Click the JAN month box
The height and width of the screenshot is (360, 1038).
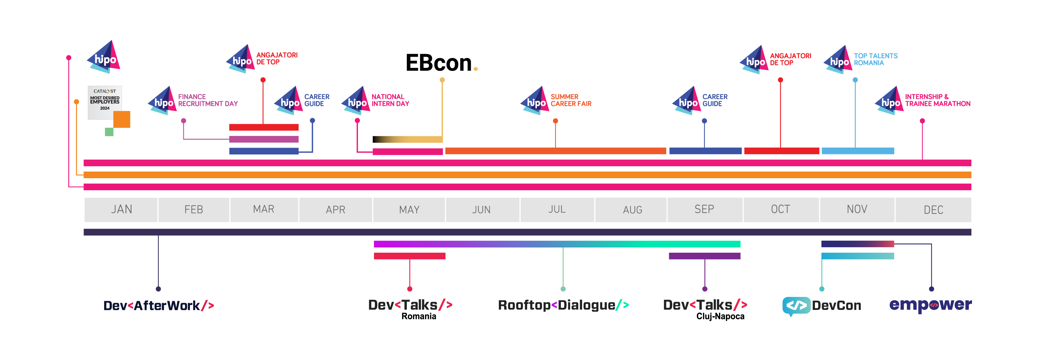(121, 210)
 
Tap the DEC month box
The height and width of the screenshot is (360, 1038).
(933, 210)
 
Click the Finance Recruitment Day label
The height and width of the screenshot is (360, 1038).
(208, 100)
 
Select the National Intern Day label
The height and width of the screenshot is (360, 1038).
(390, 100)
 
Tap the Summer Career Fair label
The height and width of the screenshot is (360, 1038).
(571, 100)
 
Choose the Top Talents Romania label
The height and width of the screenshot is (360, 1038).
(876, 59)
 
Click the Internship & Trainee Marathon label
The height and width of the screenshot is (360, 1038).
(938, 100)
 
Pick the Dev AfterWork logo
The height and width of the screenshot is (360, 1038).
(159, 306)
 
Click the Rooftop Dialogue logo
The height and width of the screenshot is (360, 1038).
(563, 305)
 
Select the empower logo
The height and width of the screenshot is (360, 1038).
(930, 305)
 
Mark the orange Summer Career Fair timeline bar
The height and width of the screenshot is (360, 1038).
(555, 151)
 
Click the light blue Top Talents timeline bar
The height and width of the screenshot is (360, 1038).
(858, 151)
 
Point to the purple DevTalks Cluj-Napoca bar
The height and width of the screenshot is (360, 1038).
(704, 256)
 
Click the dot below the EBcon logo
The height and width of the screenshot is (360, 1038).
(442, 80)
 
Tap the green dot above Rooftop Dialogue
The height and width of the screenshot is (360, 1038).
(563, 289)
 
